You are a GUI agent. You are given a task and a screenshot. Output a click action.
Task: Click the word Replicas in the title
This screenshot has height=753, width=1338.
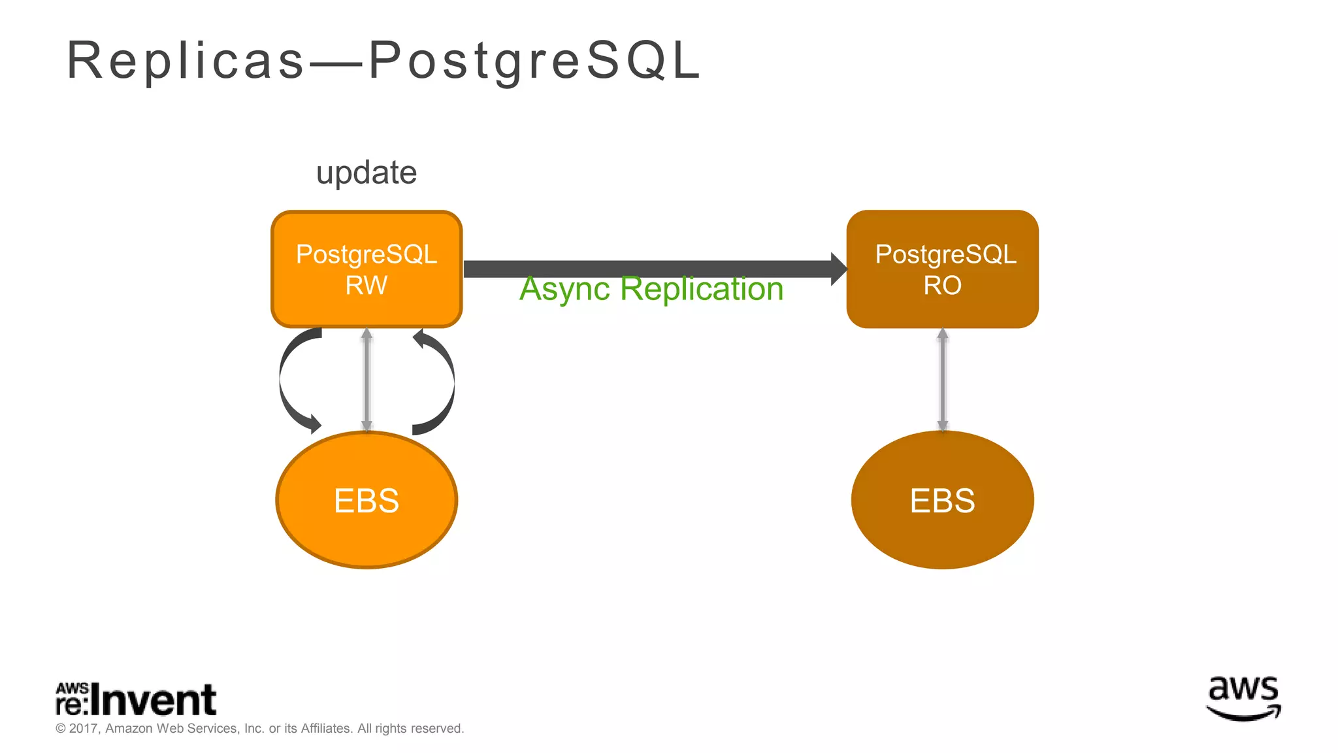(186, 60)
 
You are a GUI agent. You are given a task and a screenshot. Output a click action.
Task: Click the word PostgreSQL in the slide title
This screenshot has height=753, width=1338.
(534, 60)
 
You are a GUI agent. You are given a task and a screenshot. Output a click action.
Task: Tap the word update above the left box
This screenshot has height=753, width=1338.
(367, 173)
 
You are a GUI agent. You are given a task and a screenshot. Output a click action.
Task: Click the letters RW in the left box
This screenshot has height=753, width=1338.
(367, 286)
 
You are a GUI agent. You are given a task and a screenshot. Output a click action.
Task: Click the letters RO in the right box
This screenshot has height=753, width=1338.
(942, 286)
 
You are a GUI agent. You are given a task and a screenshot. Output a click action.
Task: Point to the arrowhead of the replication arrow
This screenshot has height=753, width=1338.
(839, 269)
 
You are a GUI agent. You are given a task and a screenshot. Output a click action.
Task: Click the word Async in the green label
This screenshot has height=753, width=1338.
(564, 289)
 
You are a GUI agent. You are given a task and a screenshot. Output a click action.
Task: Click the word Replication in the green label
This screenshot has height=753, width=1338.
(702, 289)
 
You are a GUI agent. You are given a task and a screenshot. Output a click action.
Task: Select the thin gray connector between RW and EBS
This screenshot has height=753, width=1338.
(367, 379)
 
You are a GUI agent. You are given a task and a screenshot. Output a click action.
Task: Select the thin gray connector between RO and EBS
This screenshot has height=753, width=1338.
(942, 379)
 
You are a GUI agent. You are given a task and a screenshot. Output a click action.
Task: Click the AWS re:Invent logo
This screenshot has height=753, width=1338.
(136, 699)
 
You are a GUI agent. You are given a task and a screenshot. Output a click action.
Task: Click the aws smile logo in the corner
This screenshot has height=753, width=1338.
(1243, 699)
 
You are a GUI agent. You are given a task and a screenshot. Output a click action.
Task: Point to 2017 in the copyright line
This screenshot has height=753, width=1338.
(83, 728)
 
